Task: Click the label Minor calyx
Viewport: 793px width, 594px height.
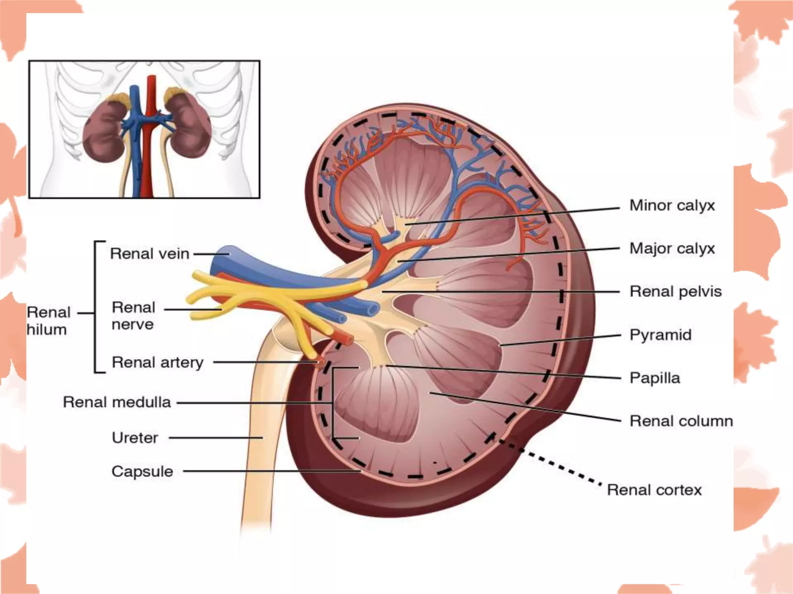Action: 672,205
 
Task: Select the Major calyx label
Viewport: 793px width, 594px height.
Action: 672,248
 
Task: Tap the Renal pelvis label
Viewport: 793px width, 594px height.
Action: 675,292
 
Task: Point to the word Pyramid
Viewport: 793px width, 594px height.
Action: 660,335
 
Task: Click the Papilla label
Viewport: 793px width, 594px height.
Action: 654,378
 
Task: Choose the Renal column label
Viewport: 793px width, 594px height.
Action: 681,421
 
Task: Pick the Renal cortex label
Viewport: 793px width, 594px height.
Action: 654,490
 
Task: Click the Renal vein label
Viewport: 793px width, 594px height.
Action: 149,254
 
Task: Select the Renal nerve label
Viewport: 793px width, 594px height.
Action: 133,316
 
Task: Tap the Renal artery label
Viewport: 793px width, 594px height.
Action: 157,362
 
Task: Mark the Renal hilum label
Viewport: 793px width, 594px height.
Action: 48,321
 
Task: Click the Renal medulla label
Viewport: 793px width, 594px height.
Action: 117,402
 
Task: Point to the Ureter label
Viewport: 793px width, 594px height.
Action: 135,438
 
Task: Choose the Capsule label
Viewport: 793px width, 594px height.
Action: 142,471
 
